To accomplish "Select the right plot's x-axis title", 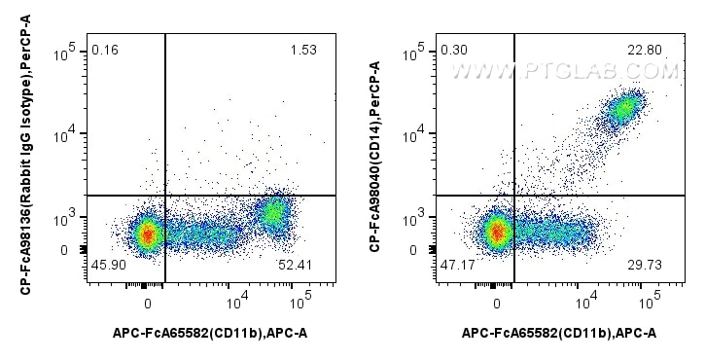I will (559, 334).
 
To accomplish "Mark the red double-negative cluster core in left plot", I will (147, 234).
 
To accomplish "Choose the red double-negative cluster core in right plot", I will (497, 233).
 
